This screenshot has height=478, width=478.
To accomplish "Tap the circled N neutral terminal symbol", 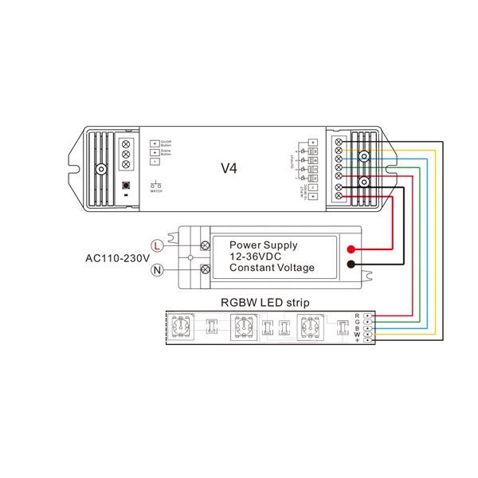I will coord(158,271).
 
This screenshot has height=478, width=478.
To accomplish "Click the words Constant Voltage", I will coord(272,268).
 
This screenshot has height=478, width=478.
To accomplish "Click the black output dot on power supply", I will coord(351,265).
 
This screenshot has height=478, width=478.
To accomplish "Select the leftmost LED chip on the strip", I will coord(182,327).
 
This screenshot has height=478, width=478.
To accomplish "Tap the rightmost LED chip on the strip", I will coord(309,327).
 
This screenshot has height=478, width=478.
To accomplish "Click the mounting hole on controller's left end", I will coord(101,169).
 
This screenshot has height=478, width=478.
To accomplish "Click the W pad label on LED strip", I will coord(358,334).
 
